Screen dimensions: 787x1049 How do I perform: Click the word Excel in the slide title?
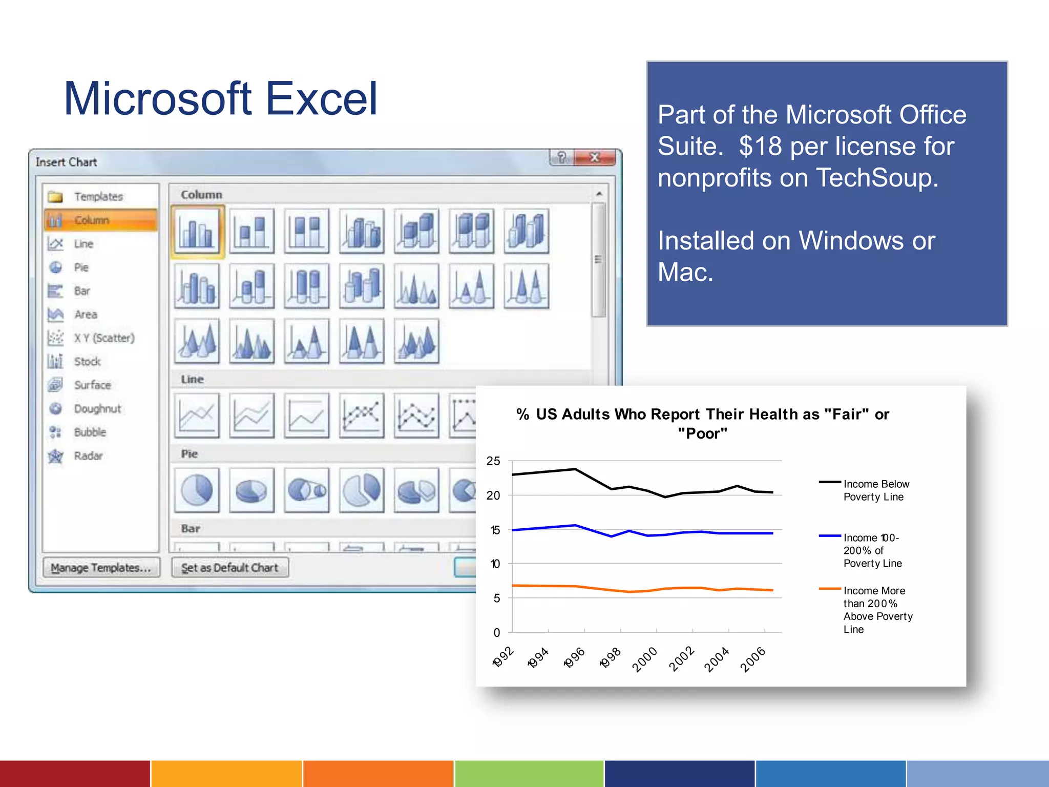(x=322, y=99)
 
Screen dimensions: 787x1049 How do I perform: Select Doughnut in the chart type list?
(x=97, y=409)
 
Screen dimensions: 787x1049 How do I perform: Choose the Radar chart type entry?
(x=88, y=456)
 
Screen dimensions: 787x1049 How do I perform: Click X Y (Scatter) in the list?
(x=104, y=338)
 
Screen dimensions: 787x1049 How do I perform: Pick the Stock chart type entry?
(x=87, y=362)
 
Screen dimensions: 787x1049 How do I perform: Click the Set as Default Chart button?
(x=229, y=568)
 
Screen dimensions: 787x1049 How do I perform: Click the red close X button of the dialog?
(x=595, y=157)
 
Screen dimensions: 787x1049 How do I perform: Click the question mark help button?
(x=561, y=157)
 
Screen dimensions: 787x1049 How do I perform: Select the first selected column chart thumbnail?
(x=197, y=231)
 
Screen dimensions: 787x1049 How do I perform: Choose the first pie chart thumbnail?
(x=197, y=490)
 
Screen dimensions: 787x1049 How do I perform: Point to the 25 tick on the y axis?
(x=493, y=461)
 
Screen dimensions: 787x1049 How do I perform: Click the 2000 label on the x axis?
(x=644, y=659)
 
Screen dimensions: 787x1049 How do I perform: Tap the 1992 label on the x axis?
(x=503, y=657)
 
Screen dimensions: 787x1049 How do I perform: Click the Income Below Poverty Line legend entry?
(x=876, y=490)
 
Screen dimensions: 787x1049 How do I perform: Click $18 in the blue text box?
(x=761, y=147)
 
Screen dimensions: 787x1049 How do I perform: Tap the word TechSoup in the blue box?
(x=877, y=178)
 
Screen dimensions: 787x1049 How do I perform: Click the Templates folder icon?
(x=55, y=197)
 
